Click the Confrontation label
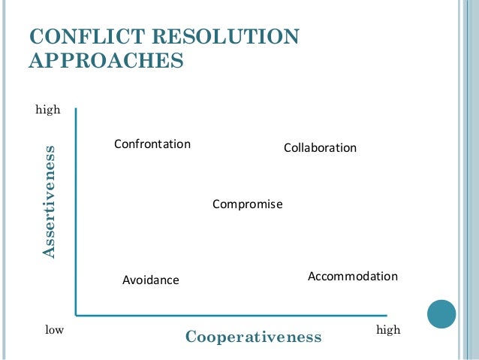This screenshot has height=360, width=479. pos(152,144)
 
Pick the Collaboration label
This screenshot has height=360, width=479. pos(320,148)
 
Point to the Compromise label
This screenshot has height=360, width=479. pos(247,204)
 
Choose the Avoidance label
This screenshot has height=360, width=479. pos(151,280)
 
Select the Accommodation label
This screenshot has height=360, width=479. pos(353,277)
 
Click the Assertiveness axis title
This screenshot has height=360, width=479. pos(49,201)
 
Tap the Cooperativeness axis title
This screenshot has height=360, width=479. pos(253,337)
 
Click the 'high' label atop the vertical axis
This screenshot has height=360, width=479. pos(48,110)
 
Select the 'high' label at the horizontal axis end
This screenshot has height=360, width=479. pos(388,330)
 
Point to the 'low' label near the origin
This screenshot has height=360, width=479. pos(54,330)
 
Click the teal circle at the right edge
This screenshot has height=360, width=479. pos(441,313)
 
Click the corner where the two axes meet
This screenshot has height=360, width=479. pos(76,315)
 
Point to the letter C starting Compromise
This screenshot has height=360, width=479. pos(216,204)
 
